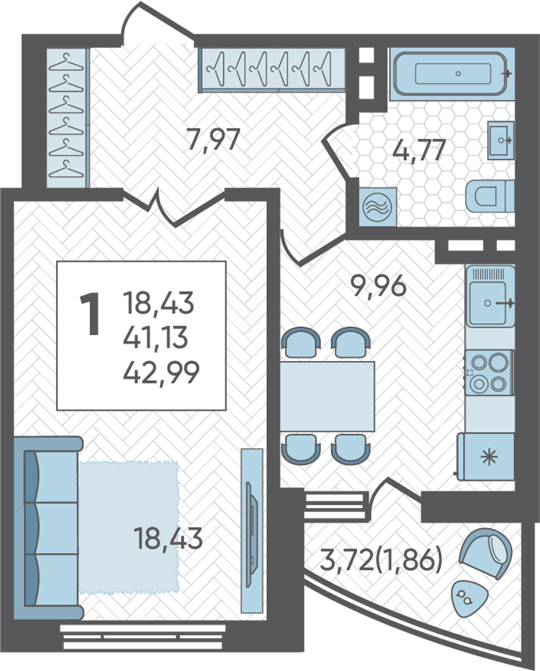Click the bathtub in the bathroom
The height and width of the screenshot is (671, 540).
pyautogui.click(x=453, y=73)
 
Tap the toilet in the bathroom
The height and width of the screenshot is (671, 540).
pyautogui.click(x=490, y=196)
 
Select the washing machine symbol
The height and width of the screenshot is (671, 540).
pyautogui.click(x=377, y=207)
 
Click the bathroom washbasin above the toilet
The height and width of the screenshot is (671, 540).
pyautogui.click(x=501, y=140)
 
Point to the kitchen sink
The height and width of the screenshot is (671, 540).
pyautogui.click(x=490, y=296)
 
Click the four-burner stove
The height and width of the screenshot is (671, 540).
pyautogui.click(x=489, y=372)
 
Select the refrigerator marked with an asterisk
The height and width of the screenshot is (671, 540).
pyautogui.click(x=486, y=456)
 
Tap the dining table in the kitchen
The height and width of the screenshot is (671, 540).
pyautogui.click(x=328, y=396)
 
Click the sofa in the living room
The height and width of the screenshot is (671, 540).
pyautogui.click(x=47, y=529)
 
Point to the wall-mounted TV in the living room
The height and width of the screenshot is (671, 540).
pyautogui.click(x=252, y=531)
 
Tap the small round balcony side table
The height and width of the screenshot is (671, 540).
pyautogui.click(x=469, y=598)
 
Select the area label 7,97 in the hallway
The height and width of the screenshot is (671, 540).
pyautogui.click(x=214, y=140)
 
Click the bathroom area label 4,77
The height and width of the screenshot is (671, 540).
pyautogui.click(x=419, y=150)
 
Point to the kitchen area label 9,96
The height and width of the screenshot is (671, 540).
pyautogui.click(x=378, y=285)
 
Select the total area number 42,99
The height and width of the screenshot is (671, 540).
pyautogui.click(x=161, y=373)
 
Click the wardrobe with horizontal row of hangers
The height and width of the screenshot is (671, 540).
pyautogui.click(x=271, y=70)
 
